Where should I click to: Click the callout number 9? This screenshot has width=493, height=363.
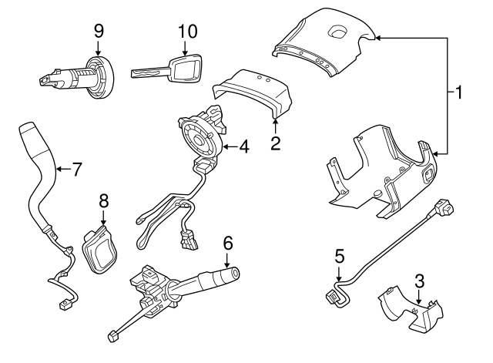[x=99, y=32]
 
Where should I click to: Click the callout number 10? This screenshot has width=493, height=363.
[x=187, y=32]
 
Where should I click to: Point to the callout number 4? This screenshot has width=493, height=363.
[x=243, y=145]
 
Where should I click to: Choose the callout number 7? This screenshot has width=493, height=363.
[x=76, y=170]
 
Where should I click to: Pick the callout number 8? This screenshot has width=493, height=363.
[x=104, y=200]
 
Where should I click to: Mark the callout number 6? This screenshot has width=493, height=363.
[x=227, y=242]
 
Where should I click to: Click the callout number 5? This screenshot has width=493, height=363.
[x=339, y=255]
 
